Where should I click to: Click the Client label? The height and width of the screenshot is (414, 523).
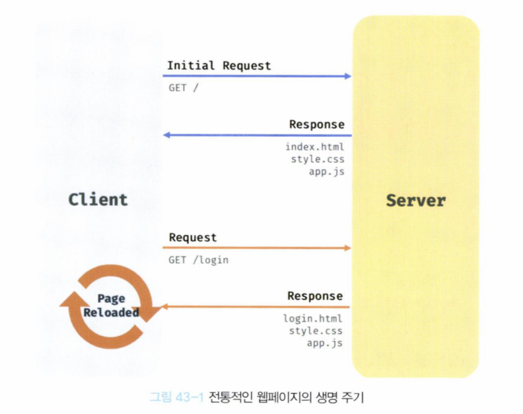(x=98, y=200)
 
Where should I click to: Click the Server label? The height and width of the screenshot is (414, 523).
(x=415, y=200)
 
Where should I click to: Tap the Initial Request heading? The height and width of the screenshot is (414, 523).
(x=219, y=65)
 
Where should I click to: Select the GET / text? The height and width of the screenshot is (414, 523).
(x=183, y=87)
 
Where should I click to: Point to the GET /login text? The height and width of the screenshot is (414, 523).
(x=198, y=260)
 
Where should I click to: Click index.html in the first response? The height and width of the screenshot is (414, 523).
(x=314, y=147)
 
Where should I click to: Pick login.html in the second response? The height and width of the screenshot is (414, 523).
(x=312, y=319)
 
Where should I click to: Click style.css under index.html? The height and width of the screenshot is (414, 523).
(x=317, y=159)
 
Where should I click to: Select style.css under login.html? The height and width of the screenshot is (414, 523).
(x=315, y=331)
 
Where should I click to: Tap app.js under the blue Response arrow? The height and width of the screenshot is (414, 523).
(x=327, y=172)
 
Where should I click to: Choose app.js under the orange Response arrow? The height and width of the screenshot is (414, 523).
(x=325, y=343)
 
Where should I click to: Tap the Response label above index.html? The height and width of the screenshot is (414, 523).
(x=317, y=124)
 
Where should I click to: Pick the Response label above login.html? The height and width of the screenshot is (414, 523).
(x=315, y=296)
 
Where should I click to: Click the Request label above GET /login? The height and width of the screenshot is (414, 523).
(x=193, y=237)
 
